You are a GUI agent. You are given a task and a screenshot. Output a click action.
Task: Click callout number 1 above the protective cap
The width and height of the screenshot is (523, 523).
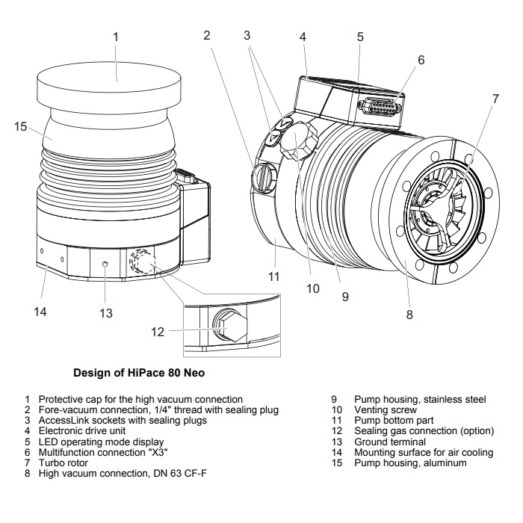pyautogui.click(x=116, y=36)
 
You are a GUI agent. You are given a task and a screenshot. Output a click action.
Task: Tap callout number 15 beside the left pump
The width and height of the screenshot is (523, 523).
pyautogui.click(x=20, y=126)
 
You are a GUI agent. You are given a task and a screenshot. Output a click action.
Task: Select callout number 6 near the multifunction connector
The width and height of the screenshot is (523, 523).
pyautogui.click(x=421, y=60)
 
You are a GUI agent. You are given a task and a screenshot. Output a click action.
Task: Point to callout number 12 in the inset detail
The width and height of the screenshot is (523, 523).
pyautogui.click(x=157, y=332)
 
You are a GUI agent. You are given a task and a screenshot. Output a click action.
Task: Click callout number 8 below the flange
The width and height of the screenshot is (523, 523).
pyautogui.click(x=409, y=315)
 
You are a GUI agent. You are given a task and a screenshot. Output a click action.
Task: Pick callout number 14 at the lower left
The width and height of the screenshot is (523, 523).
pyautogui.click(x=40, y=311)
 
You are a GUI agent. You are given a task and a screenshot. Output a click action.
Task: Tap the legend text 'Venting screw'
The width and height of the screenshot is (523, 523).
pyautogui.click(x=385, y=410)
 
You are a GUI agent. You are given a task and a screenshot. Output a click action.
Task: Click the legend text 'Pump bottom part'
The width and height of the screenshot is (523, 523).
pyautogui.click(x=394, y=421)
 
